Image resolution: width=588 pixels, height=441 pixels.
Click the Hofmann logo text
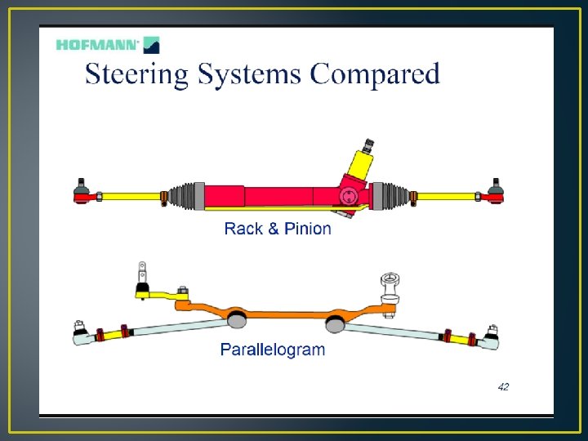pyautogui.click(x=97, y=44)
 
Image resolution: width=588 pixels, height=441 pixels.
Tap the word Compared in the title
pyautogui.click(x=375, y=75)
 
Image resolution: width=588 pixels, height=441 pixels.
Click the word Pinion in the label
pyautogui.click(x=307, y=229)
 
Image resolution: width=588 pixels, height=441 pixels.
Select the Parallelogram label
pyautogui.click(x=273, y=350)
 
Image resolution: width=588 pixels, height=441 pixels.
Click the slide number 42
pyautogui.click(x=503, y=386)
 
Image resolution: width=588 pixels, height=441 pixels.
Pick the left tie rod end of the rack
pyautogui.click(x=82, y=193)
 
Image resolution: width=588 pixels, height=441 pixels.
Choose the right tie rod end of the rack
pyautogui.click(x=494, y=193)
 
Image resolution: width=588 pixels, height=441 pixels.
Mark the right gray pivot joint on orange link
pyautogui.click(x=335, y=323)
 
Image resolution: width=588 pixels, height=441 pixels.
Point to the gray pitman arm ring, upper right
pyautogui.click(x=389, y=285)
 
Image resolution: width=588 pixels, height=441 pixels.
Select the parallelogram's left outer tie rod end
pyautogui.click(x=81, y=333)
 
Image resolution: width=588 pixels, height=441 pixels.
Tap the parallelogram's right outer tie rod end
pyautogui.click(x=491, y=336)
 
